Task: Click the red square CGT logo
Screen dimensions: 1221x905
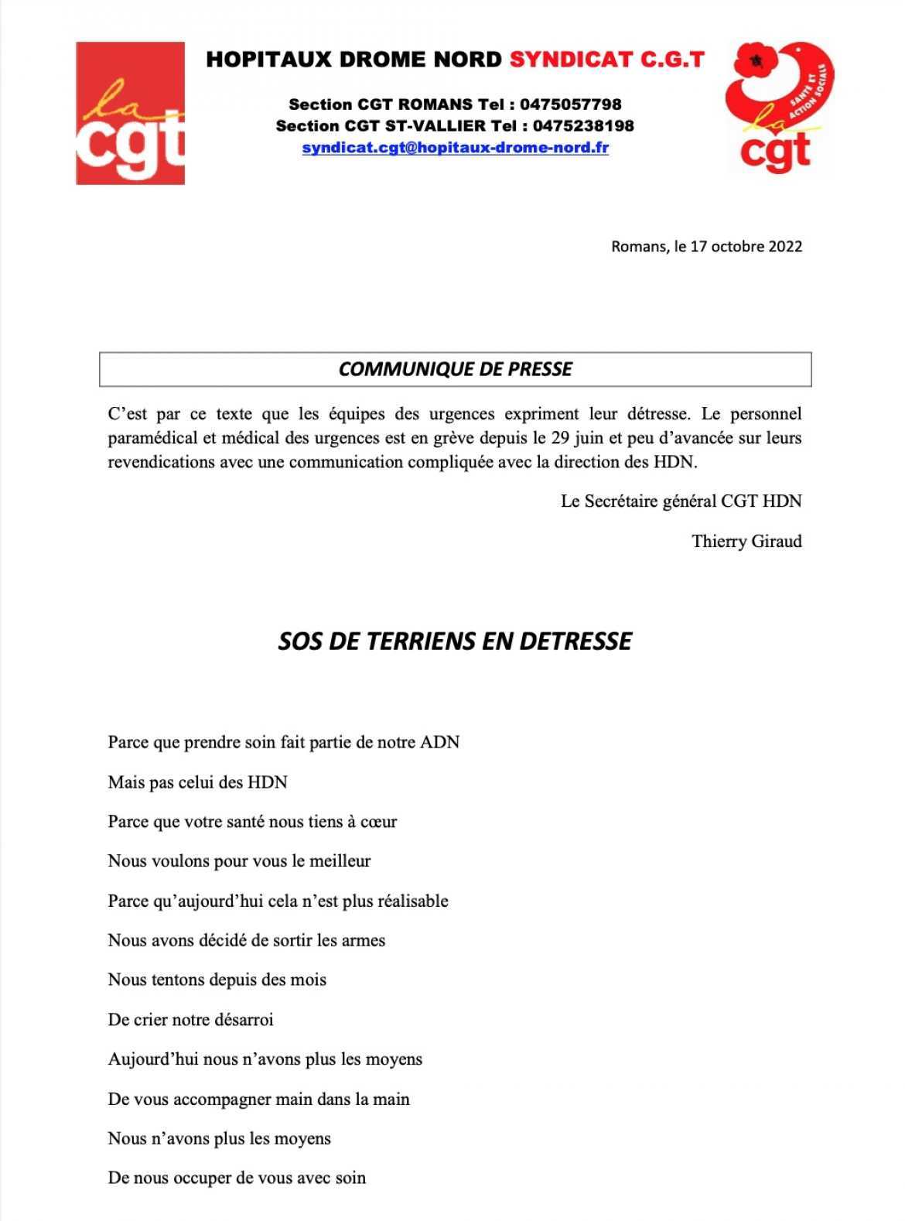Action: (x=130, y=113)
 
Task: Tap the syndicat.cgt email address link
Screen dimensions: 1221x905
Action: (x=455, y=147)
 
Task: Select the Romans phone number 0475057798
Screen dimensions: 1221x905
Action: (x=570, y=104)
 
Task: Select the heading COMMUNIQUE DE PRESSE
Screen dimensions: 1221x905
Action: (x=455, y=369)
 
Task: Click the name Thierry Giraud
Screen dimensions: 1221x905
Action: (x=746, y=541)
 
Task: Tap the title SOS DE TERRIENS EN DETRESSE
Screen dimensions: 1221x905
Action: (x=455, y=641)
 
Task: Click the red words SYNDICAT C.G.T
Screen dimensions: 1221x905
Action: (x=606, y=60)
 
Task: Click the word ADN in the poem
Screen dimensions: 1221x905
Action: (x=439, y=743)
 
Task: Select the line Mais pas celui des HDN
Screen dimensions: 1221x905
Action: (x=197, y=782)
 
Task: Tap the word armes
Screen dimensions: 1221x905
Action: (x=362, y=941)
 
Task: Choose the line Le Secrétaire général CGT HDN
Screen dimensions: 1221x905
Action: (x=681, y=501)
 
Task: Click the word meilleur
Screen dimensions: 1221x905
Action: (x=340, y=861)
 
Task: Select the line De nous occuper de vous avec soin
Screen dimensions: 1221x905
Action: (x=237, y=1178)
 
